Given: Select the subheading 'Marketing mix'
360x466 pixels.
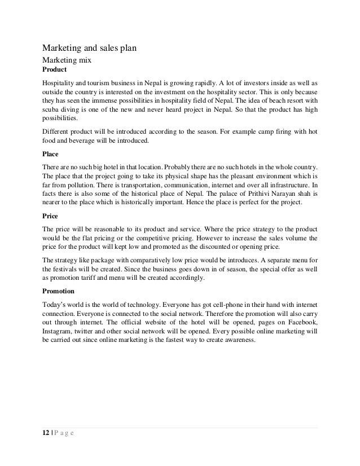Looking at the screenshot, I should point(67,59).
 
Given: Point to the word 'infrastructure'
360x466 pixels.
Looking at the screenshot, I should point(288,183).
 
